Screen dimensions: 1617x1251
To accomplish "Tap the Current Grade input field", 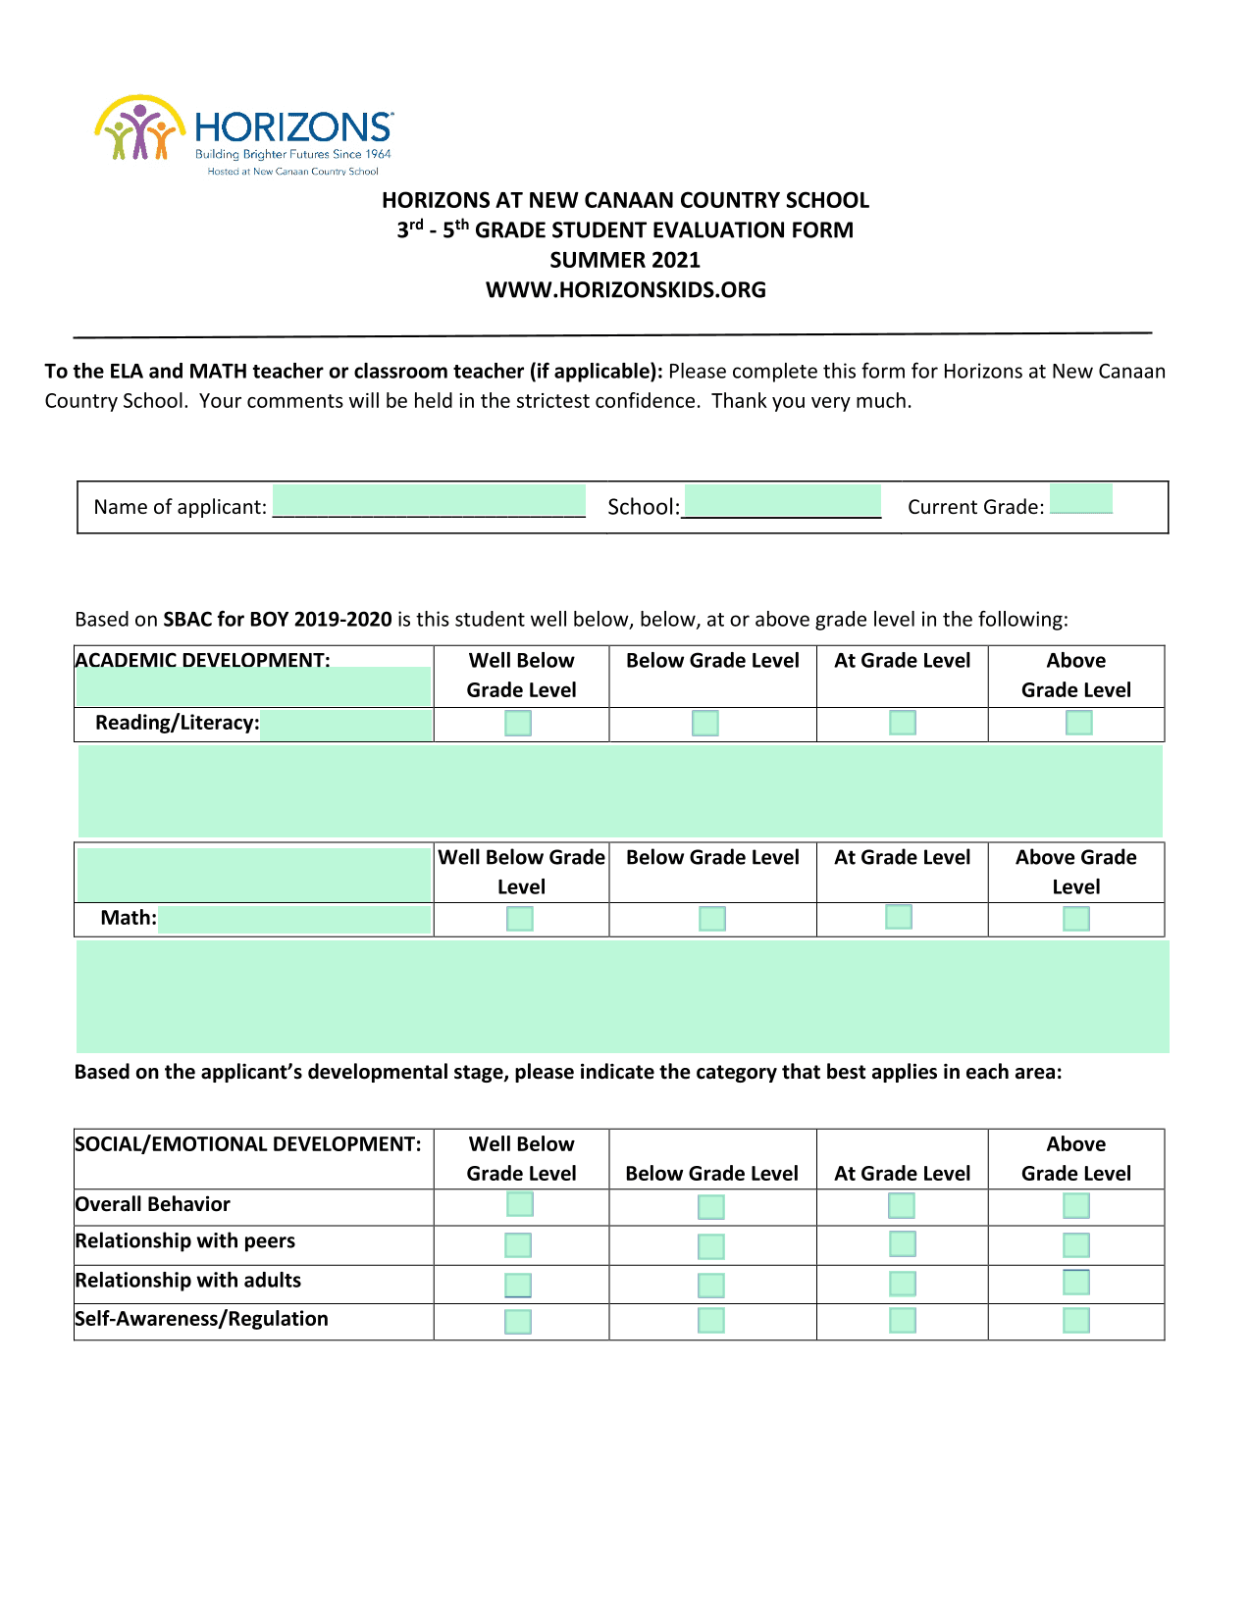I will (x=1080, y=499).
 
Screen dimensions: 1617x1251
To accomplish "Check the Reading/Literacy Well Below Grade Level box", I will (x=518, y=724).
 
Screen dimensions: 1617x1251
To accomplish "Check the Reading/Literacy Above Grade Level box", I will (x=1078, y=723).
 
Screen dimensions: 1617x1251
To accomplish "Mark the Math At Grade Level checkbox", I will (x=899, y=917).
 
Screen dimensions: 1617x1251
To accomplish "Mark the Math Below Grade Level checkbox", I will (x=712, y=919).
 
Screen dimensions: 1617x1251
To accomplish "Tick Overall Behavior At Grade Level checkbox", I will (x=901, y=1205).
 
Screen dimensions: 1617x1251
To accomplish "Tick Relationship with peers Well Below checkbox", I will (x=518, y=1245).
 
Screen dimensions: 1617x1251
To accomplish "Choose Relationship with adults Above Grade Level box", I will (x=1076, y=1283).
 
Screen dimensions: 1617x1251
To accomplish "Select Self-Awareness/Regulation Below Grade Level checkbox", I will (x=711, y=1321).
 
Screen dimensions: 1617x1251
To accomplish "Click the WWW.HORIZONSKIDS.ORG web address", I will (x=626, y=290).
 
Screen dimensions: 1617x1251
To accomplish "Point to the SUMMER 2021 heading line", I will (x=625, y=260).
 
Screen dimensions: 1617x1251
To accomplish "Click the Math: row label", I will (x=129, y=918).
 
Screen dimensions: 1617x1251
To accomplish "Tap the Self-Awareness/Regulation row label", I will (x=201, y=1319).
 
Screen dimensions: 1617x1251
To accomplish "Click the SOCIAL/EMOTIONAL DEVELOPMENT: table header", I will (x=248, y=1144).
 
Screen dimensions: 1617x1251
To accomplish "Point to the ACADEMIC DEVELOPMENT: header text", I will (x=202, y=660).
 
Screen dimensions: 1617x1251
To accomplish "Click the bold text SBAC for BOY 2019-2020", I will (x=278, y=620).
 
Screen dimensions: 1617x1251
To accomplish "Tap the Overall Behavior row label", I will (x=152, y=1204).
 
